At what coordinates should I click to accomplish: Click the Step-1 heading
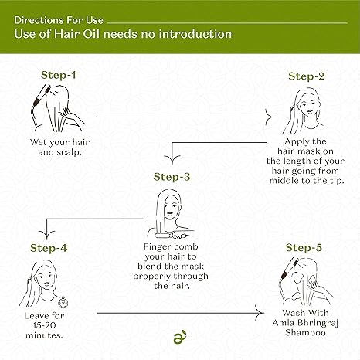pos(59,75)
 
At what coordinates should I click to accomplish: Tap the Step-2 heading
pos(307,76)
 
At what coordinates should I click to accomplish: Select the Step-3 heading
pos(172,177)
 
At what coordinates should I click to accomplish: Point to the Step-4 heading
pos(49,248)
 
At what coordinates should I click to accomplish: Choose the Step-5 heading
pos(304,247)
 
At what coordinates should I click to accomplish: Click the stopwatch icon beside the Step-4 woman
pos(63,302)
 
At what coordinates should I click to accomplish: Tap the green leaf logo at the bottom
pos(180,337)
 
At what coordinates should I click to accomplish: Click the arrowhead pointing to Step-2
pos(270,117)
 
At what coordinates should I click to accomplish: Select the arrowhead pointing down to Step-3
pos(172,160)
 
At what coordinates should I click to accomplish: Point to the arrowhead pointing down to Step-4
pos(46,236)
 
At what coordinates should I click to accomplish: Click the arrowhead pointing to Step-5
pos(260,313)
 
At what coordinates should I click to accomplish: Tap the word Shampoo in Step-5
pos(307,332)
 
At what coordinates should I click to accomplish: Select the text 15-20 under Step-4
pos(44,325)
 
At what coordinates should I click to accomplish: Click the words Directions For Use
pos(59,20)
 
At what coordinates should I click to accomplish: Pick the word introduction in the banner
pos(195,34)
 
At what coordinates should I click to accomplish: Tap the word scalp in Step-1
pos(69,152)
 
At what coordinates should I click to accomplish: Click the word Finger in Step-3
pos(157,247)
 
